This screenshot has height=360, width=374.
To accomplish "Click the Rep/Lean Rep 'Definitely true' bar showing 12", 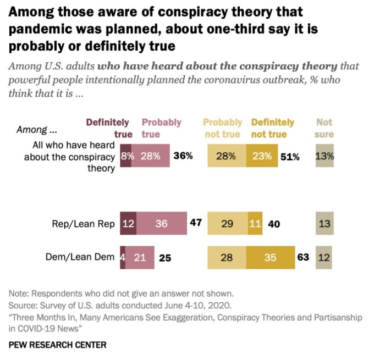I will (x=128, y=224).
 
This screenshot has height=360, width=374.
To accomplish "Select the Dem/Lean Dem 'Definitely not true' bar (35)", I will (x=270, y=257).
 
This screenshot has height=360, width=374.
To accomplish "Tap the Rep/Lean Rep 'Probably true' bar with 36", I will (x=161, y=224).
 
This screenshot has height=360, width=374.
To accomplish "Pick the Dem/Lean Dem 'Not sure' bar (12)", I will (x=324, y=257).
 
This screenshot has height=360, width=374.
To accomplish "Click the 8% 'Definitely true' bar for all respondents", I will (x=126, y=156).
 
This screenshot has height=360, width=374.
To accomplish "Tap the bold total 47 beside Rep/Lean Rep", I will (x=196, y=224).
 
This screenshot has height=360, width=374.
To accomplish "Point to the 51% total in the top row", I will (x=290, y=157).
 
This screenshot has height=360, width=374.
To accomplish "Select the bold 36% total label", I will (x=183, y=156).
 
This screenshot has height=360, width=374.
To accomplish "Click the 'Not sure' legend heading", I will (x=324, y=128).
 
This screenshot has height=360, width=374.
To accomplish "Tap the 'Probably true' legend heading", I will (x=161, y=128).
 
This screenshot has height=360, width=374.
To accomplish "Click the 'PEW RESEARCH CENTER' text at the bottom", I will (x=58, y=345).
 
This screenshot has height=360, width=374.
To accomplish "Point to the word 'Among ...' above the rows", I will (x=36, y=130).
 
